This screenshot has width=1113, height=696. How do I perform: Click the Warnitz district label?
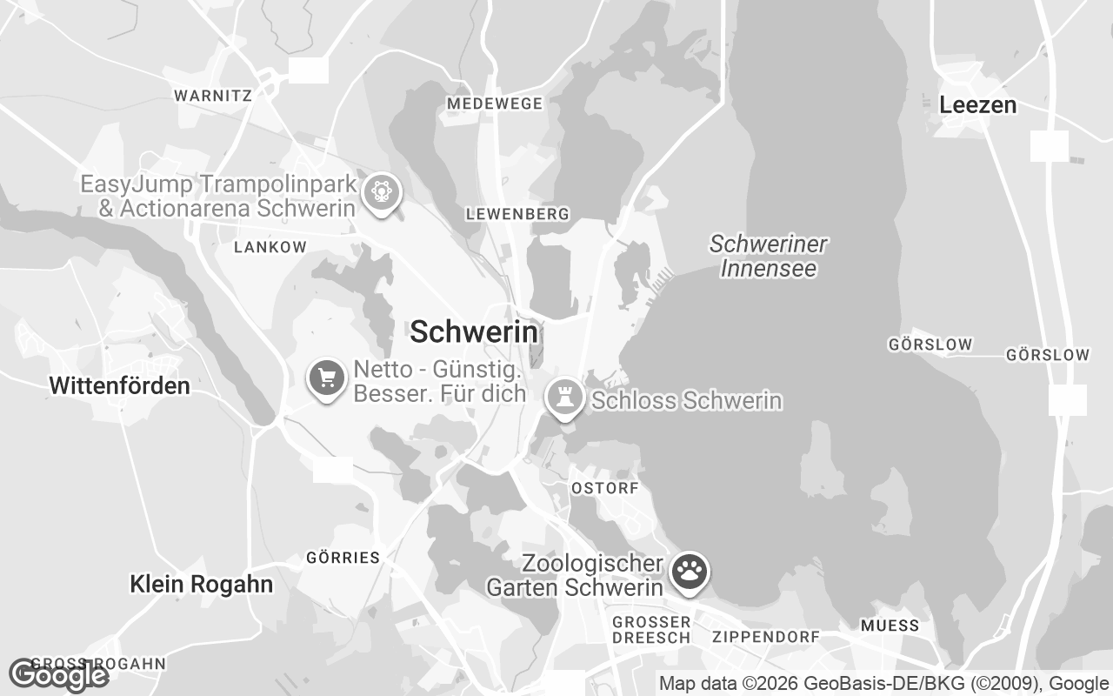coord(213,96)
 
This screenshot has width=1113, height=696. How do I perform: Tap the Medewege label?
coord(494,104)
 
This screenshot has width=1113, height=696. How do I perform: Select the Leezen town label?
coord(977,105)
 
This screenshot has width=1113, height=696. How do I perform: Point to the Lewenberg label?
coord(517,213)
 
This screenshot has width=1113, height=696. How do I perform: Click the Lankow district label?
coord(270,247)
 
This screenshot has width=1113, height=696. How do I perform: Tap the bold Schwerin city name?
coord(474,331)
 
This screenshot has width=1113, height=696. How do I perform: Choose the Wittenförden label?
coord(119,385)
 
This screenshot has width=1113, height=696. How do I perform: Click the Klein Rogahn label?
coord(201,584)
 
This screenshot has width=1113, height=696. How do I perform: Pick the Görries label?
coord(343,558)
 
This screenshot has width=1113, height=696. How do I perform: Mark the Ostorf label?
coord(605,488)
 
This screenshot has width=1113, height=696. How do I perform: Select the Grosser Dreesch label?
coord(651,630)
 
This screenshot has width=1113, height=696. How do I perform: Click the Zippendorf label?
coord(765,637)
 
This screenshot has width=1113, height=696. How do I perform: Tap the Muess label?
coord(890,626)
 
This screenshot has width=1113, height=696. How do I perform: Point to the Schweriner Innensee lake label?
coord(769,256)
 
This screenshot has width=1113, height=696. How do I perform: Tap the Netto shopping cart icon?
coord(327,378)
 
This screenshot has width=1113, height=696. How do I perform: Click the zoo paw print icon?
coord(690,572)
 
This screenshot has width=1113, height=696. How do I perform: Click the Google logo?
coord(58,675)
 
